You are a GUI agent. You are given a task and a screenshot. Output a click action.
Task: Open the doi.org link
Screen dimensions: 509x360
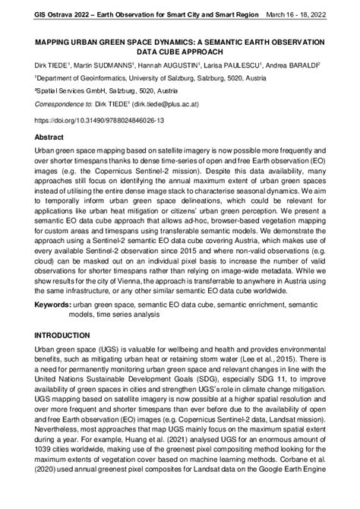(99, 119)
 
